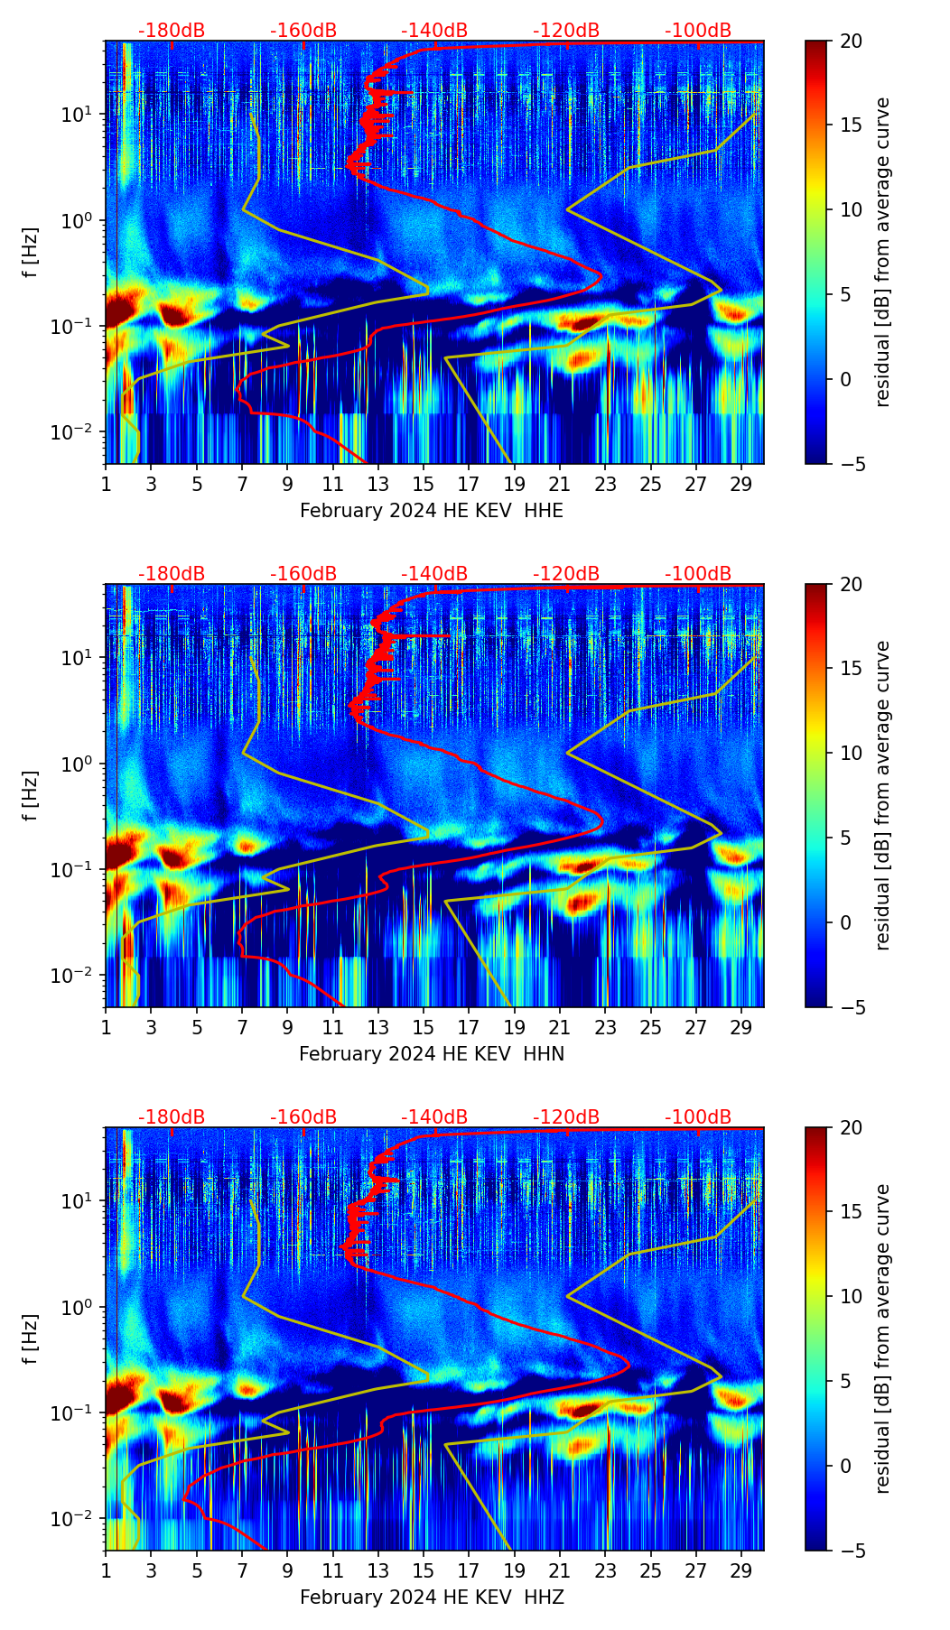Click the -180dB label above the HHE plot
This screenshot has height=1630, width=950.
tap(172, 31)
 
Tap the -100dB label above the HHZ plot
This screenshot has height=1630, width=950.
tap(698, 1117)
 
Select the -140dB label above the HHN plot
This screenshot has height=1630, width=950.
tap(434, 574)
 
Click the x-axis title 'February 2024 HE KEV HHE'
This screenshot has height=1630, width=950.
tap(431, 511)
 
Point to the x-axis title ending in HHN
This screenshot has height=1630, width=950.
tap(431, 1054)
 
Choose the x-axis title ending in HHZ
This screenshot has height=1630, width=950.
tap(431, 1598)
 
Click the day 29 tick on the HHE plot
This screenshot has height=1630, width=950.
tap(741, 484)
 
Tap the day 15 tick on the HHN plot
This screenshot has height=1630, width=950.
tap(424, 1027)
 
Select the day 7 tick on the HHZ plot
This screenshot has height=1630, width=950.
tap(242, 1570)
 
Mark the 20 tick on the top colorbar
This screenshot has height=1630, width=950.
tap(851, 41)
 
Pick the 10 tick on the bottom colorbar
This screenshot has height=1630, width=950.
tap(851, 1297)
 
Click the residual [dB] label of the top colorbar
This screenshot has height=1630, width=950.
tap(882, 252)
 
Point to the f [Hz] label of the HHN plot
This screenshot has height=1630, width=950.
tap(31, 795)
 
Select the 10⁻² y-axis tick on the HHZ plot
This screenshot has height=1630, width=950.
tap(79, 1519)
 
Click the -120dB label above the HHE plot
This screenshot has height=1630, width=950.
tap(566, 31)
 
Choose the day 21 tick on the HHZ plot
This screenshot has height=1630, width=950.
tap(560, 1570)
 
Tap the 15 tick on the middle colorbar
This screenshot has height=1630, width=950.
tap(851, 669)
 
